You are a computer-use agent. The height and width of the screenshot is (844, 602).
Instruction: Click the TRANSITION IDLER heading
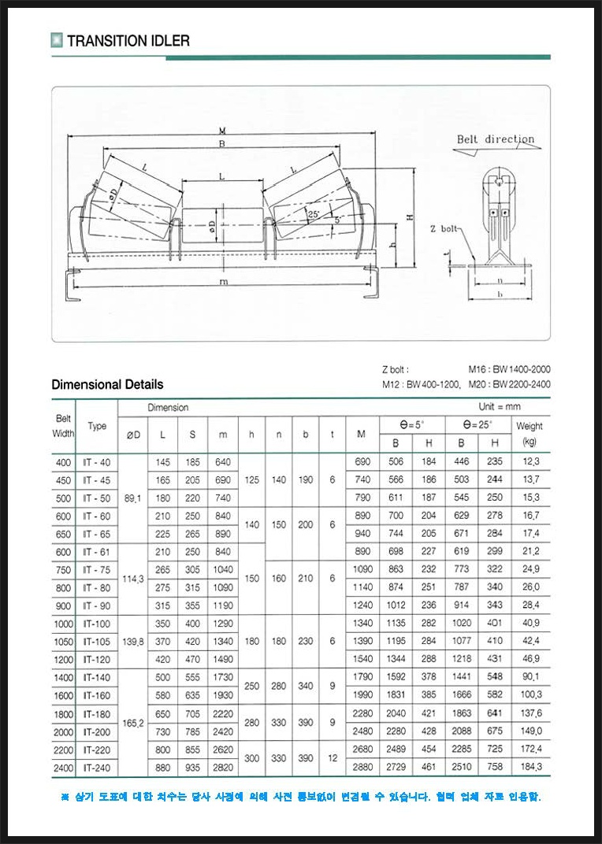tap(128, 41)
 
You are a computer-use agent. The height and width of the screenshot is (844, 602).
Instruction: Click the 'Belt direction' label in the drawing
tap(496, 139)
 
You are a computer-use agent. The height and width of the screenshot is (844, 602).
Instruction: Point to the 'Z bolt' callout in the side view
tap(444, 228)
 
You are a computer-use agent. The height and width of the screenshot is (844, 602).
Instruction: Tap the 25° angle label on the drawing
tap(314, 213)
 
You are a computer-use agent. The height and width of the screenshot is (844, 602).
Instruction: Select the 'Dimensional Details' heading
tap(107, 384)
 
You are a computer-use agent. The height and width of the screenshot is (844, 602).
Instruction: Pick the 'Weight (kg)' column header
tap(530, 434)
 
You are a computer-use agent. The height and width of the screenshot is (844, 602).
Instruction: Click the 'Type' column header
tap(97, 426)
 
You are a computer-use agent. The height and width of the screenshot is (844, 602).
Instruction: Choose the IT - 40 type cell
tap(97, 462)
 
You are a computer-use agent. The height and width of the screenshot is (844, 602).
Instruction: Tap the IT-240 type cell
tap(97, 767)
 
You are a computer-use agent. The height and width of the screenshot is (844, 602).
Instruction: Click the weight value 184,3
tap(530, 767)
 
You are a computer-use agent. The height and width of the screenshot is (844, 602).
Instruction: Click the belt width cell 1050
tap(63, 642)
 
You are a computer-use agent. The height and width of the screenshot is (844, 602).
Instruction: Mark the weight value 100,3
tap(530, 694)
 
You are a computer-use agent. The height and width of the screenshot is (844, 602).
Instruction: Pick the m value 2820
tap(223, 767)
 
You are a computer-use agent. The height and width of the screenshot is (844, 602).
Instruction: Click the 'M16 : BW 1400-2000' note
tap(509, 368)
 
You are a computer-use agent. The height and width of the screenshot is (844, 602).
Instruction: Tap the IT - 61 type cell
tap(97, 552)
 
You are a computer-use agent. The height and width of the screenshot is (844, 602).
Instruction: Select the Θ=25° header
tap(478, 425)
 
